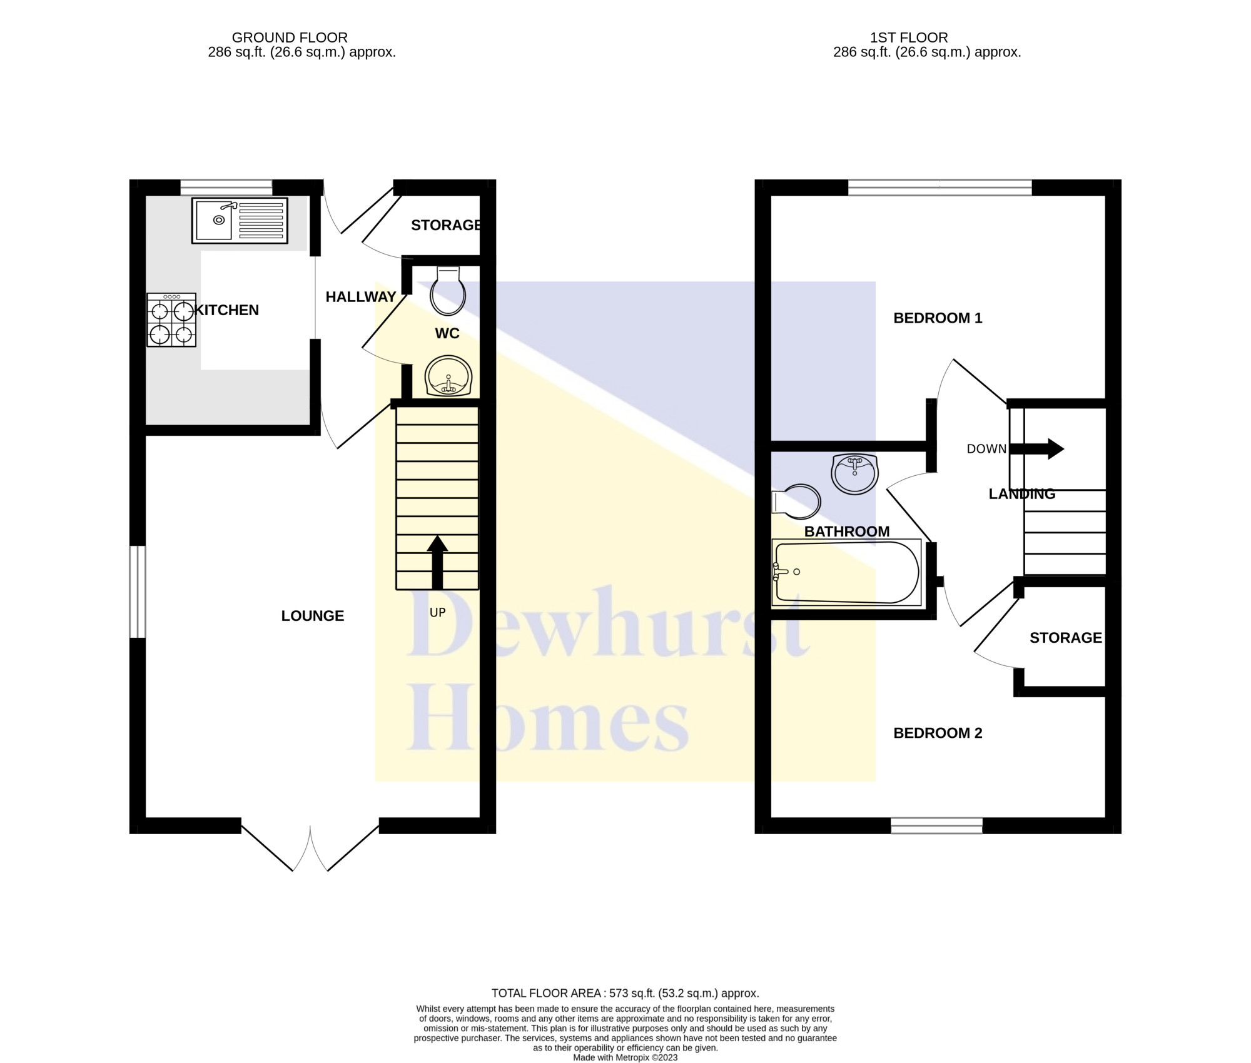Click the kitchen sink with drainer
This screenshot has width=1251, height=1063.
pos(240,220)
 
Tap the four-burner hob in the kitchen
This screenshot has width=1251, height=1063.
pos(171,320)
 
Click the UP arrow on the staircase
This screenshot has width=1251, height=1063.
pos(437,562)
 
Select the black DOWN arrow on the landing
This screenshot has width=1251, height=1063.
pos(1036,448)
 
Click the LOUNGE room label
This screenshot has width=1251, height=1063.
pos(313,616)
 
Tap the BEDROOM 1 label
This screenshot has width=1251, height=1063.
pos(938,318)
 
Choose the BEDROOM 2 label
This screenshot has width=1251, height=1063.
pos(938,733)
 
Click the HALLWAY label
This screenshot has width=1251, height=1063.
pos(361,297)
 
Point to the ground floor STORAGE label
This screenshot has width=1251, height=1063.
pos(446,225)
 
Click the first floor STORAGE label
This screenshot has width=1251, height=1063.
pos(1066,638)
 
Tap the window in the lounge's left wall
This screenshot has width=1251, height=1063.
pos(138,592)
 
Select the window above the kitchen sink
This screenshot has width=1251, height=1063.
pos(226,188)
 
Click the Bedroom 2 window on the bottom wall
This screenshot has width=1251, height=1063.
pos(936,825)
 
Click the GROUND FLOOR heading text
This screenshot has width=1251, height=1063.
pos(290,38)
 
